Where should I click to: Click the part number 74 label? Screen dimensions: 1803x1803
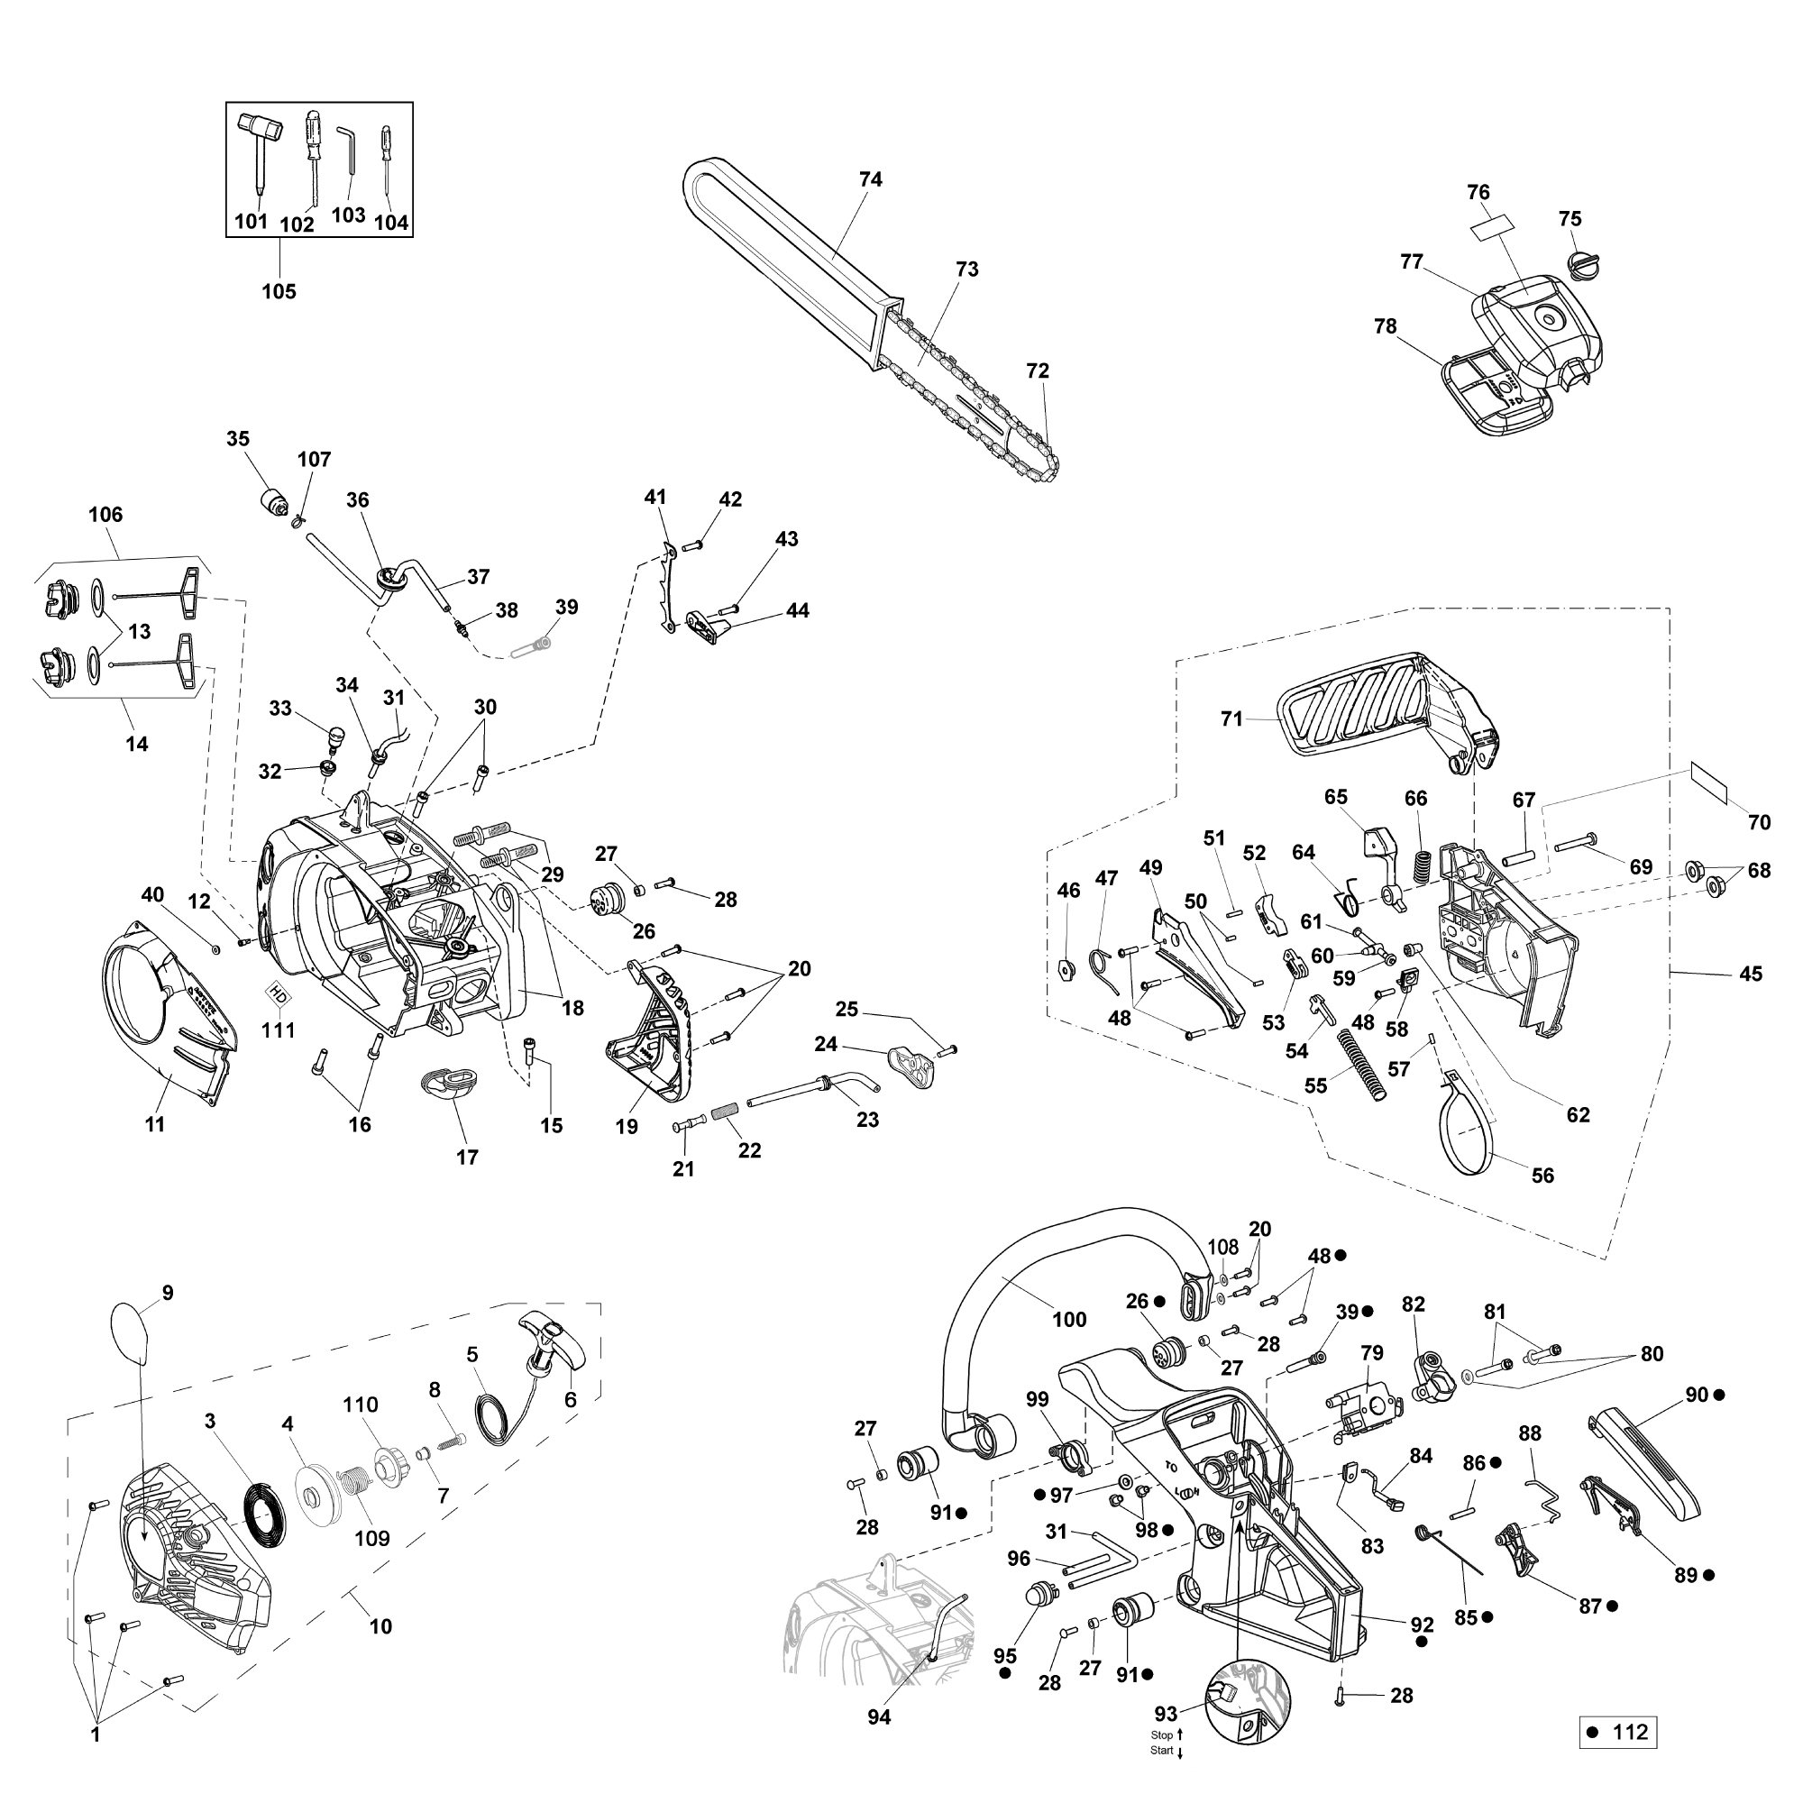pyautogui.click(x=870, y=179)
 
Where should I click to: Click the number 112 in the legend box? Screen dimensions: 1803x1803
pyautogui.click(x=1629, y=1732)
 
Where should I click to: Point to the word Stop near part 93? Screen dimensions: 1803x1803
pyautogui.click(x=1161, y=1734)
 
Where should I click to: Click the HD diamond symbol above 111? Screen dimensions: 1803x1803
pyautogui.click(x=277, y=992)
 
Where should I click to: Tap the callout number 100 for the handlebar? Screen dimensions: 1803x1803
pyautogui.click(x=1068, y=1320)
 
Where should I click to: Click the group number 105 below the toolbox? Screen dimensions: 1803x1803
pyautogui.click(x=278, y=291)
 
